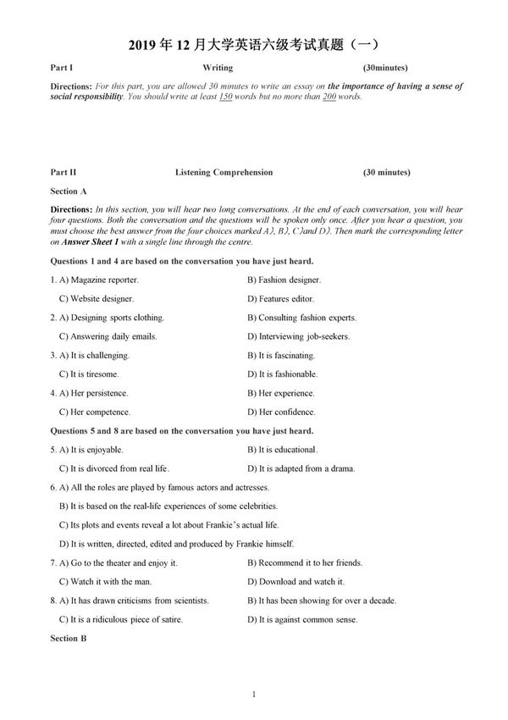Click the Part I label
point(62,67)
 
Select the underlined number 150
point(225,97)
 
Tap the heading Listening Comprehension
point(224,173)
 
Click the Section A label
point(69,191)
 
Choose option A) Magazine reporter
point(94,280)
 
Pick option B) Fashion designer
point(284,280)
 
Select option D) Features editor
point(280,299)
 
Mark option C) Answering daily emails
point(108,337)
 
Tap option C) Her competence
point(93,413)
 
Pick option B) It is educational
point(282,450)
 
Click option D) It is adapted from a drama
point(301,468)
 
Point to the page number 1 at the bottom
point(253,695)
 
